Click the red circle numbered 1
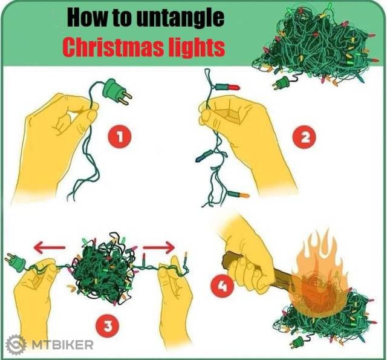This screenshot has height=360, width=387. click(x=120, y=137)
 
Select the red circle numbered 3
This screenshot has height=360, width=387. click(x=108, y=326)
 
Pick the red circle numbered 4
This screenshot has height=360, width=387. click(x=222, y=286)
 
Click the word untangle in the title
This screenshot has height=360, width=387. click(x=180, y=18)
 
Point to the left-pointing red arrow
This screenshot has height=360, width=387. click(x=50, y=247)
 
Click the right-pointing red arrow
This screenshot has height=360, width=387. click(x=159, y=247)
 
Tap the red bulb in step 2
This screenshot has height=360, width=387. click(x=227, y=87)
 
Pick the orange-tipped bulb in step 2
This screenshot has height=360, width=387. click(x=238, y=195)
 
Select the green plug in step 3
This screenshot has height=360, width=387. click(x=15, y=262)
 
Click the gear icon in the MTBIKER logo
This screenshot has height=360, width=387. click(x=16, y=345)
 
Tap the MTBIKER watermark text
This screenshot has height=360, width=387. click(x=62, y=345)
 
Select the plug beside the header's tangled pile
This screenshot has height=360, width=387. click(x=281, y=83)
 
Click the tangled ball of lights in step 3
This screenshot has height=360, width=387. click(x=103, y=269)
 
